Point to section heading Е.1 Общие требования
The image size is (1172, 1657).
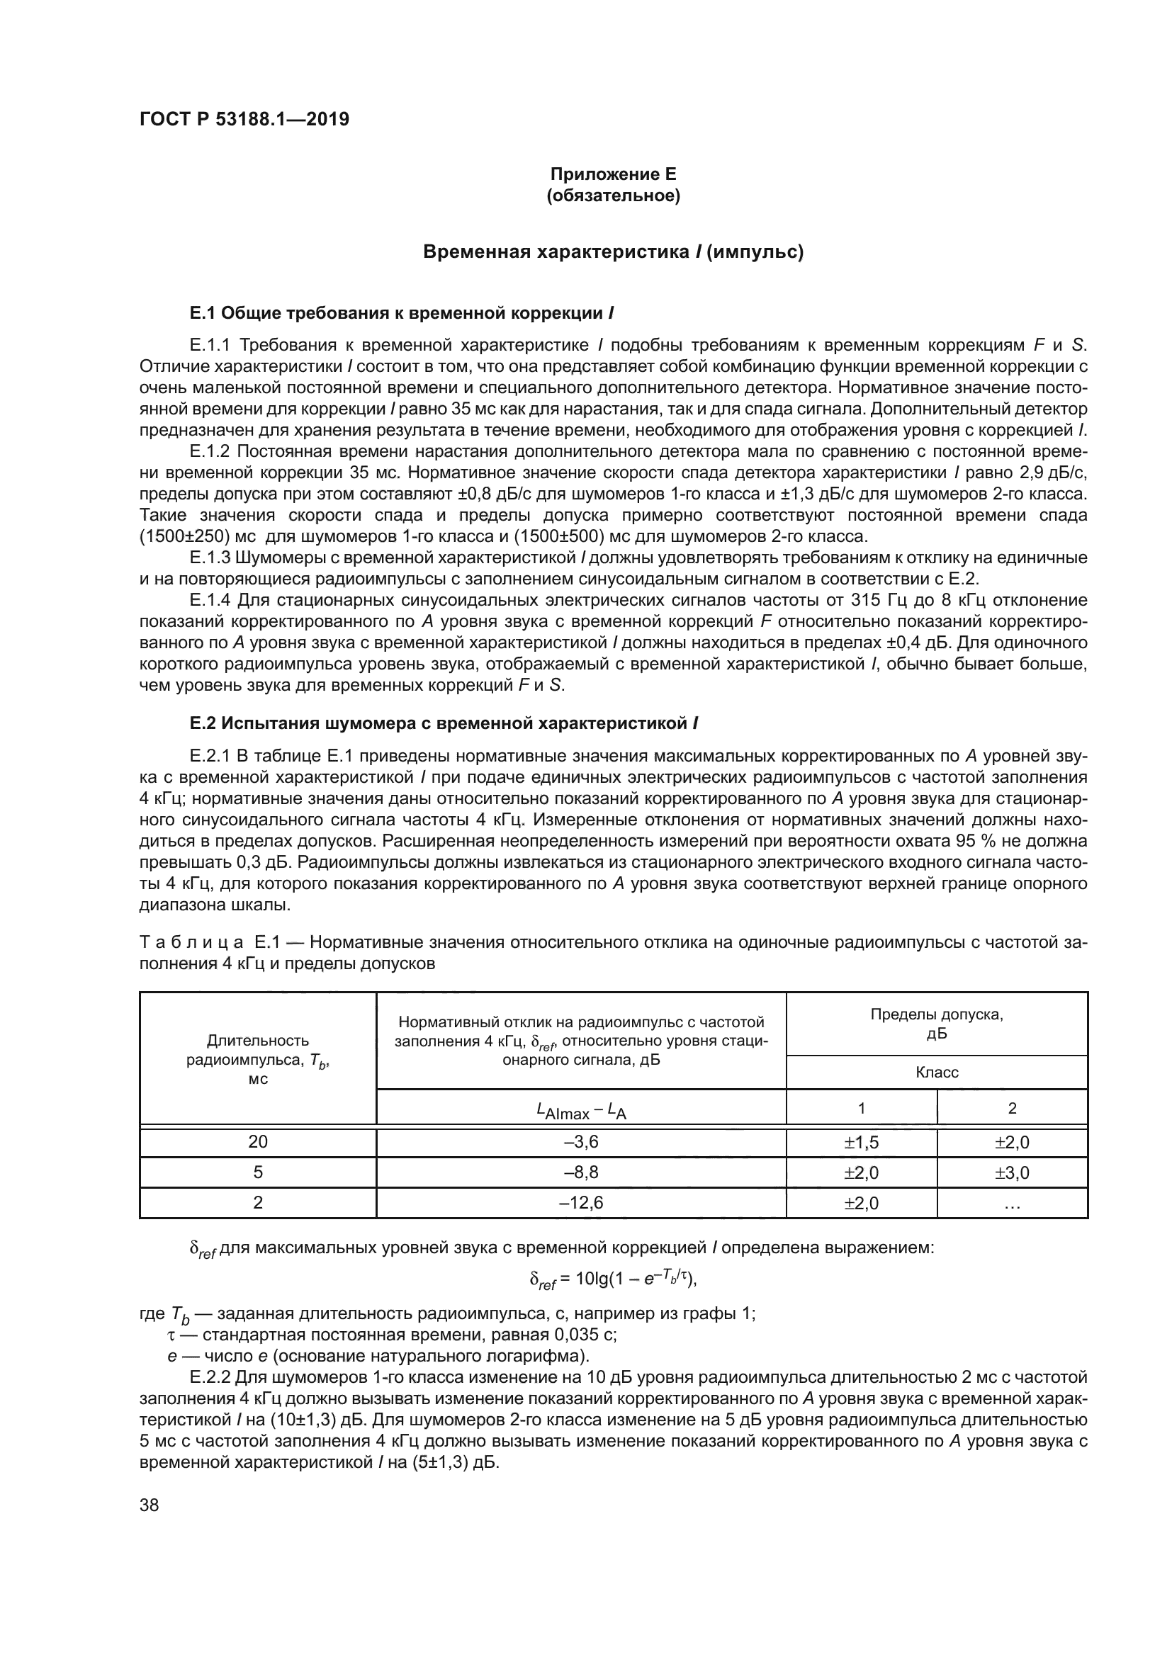[x=402, y=313]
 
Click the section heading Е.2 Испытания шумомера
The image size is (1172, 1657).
[x=443, y=723]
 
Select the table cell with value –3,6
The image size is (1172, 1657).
[x=581, y=1143]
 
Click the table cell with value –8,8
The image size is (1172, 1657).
[x=581, y=1172]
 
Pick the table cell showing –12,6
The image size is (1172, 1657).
[x=581, y=1203]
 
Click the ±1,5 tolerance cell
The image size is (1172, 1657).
[x=861, y=1143]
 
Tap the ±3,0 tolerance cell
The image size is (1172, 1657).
[x=1012, y=1172]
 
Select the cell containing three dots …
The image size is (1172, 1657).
[x=1012, y=1203]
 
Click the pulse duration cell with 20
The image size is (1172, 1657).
[x=258, y=1143]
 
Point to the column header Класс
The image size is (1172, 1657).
[x=937, y=1073]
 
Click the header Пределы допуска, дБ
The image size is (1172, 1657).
[x=937, y=1024]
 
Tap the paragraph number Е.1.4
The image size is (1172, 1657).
[x=209, y=601]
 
